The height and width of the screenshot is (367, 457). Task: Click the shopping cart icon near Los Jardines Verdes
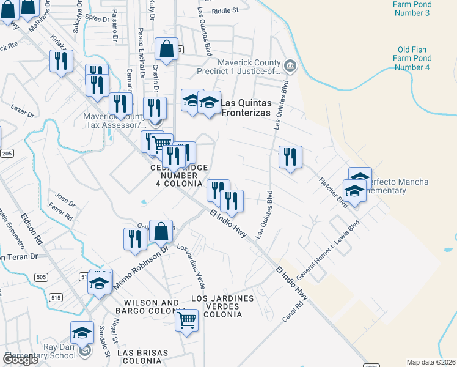coord(186,319)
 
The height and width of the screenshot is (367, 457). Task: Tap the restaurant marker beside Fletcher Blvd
coord(290,157)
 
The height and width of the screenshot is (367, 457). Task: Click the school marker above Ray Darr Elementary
coord(81,333)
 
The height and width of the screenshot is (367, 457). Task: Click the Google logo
coord(20,360)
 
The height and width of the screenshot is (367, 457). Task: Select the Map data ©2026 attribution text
coord(431,362)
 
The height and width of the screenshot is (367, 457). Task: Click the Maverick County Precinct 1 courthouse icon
coord(290,65)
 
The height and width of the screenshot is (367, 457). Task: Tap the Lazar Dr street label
coord(23,111)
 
